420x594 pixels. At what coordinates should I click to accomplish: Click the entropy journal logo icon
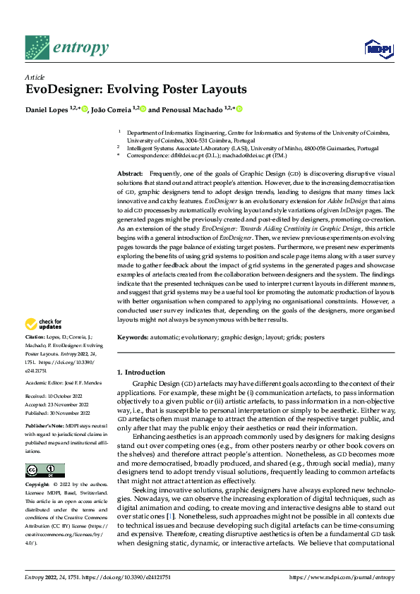37,47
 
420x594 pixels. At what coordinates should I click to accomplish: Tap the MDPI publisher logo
378,48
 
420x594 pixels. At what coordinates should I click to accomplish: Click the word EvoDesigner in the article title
59,90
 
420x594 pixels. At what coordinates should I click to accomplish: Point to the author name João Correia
113,109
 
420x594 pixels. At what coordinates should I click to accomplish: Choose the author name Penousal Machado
192,109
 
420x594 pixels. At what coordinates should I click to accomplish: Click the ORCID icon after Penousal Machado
239,109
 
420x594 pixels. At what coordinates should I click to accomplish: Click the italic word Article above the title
35,77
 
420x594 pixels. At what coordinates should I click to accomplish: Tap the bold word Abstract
129,174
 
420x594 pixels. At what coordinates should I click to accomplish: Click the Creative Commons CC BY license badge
44,471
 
